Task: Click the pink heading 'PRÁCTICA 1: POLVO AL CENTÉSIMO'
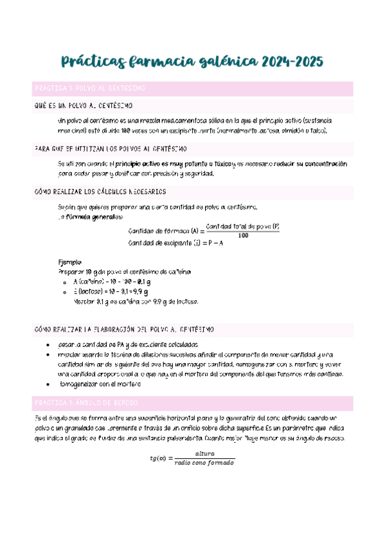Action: pos(90,87)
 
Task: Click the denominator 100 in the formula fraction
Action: pos(242,235)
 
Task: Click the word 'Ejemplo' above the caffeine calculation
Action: pos(70,262)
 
